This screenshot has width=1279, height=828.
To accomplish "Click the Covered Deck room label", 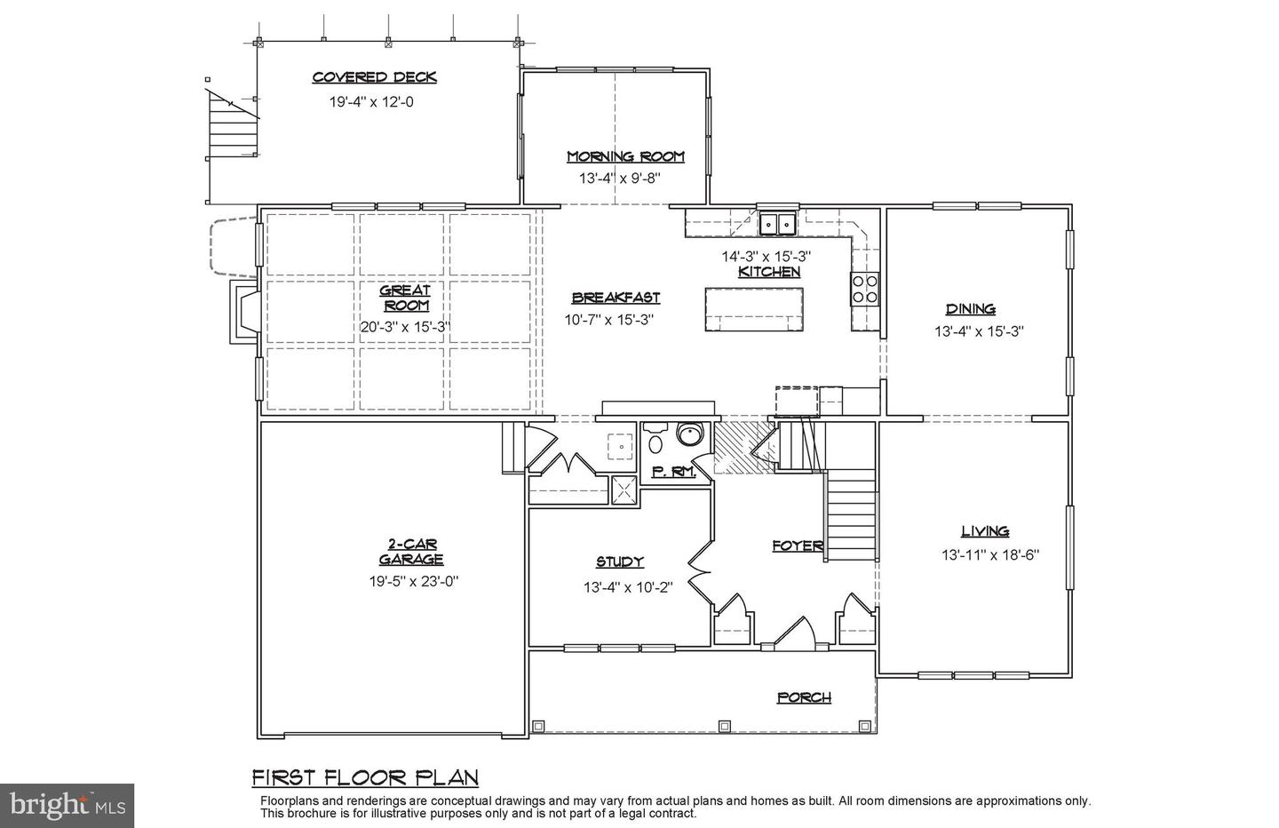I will pos(374,77).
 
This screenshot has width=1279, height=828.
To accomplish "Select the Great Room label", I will pos(405,298).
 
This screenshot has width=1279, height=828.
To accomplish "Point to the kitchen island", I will pos(755,308).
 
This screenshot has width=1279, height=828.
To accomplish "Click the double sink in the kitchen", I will pos(777,223).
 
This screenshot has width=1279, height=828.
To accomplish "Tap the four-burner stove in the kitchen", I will pos(865,289).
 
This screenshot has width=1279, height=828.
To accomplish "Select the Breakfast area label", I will pos(616,299).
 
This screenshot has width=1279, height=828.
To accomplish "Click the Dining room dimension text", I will pos(979,331).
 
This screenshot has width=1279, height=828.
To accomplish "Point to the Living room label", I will pos(985,531).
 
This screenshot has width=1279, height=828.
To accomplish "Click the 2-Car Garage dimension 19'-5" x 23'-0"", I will pos(413,582).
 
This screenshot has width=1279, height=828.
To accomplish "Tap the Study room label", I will pos(619,561).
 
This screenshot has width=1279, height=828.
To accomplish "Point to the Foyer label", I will pos(797,546).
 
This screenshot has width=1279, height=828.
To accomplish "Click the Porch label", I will pos(804,697).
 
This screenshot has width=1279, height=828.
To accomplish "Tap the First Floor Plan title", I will pos(365,778).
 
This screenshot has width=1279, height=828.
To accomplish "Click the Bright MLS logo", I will pos(67,805).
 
